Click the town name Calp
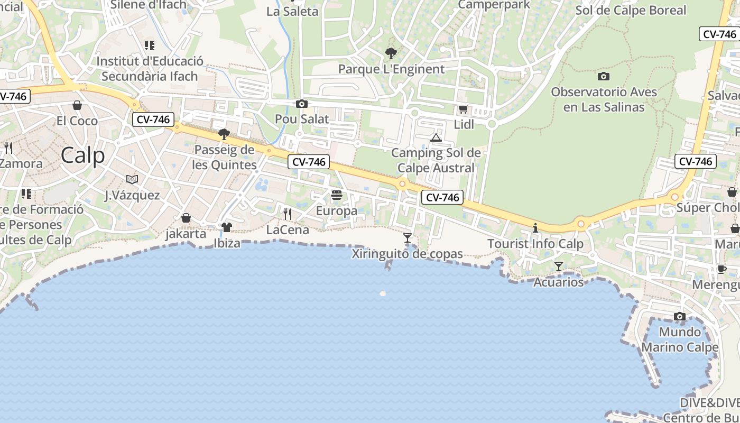coord(82,155)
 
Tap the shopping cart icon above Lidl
coord(463,109)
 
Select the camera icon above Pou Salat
coord(302,104)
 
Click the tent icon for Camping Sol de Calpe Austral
coord(436,138)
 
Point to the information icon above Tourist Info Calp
coord(535,228)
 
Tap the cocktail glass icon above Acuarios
coord(559,266)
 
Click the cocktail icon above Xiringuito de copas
coord(407,238)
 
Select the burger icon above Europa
coord(337,196)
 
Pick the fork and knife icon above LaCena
coord(288,214)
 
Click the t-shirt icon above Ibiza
coord(227,227)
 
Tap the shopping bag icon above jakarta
coord(186,218)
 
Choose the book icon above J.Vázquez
coord(132,179)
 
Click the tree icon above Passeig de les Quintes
coord(224,134)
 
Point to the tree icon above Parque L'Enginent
coord(391,53)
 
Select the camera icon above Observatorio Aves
coord(603,76)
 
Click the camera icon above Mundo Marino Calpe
coord(680,317)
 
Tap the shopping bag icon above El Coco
coord(77,105)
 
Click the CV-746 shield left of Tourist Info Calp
coord(442,198)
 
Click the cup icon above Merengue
coord(722,270)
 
